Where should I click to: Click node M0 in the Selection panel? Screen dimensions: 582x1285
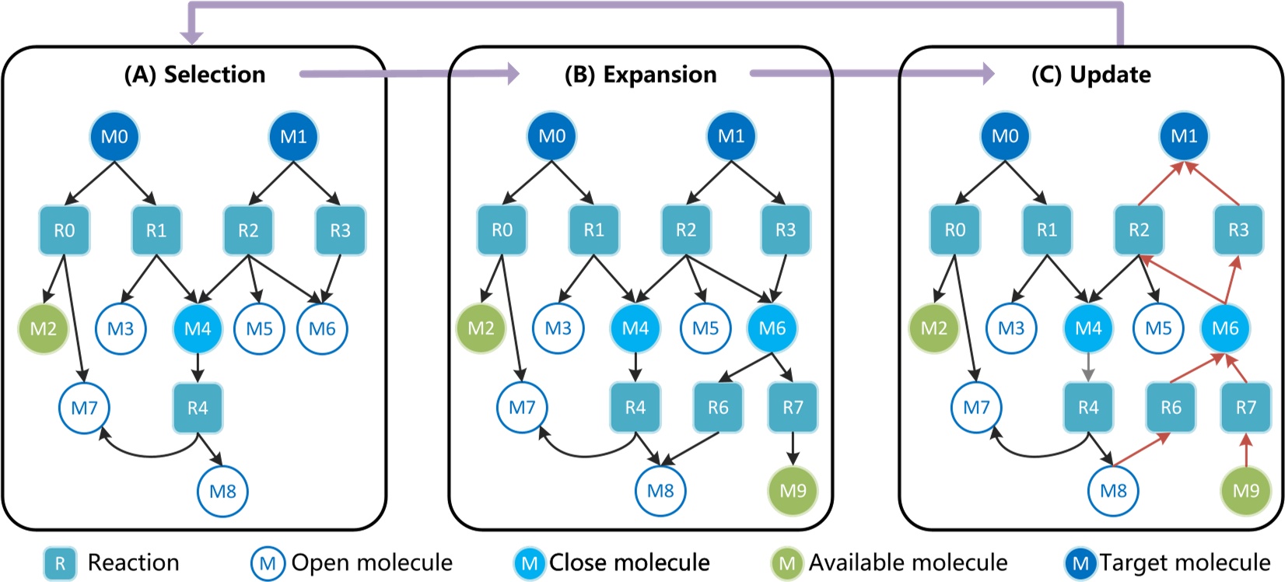pyautogui.click(x=114, y=137)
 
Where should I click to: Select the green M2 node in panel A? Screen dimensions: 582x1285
pyautogui.click(x=44, y=329)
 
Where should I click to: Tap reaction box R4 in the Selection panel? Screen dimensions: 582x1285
pyautogui.click(x=198, y=408)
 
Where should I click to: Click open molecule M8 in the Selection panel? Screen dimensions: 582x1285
pyautogui.click(x=222, y=492)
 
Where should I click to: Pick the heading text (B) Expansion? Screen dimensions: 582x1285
pyautogui.click(x=640, y=75)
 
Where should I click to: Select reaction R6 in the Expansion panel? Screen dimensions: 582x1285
pyautogui.click(x=718, y=408)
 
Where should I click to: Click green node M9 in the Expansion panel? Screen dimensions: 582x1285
pyautogui.click(x=793, y=491)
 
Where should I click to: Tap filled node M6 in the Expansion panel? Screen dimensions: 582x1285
pyautogui.click(x=772, y=328)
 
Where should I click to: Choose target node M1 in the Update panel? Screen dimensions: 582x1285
pyautogui.click(x=1184, y=136)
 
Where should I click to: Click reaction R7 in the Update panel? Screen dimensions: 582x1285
pyautogui.click(x=1246, y=408)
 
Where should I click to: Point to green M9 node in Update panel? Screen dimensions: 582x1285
pyautogui.click(x=1246, y=491)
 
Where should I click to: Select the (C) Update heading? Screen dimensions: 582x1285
pyautogui.click(x=1091, y=75)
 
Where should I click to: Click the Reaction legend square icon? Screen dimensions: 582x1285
pyautogui.click(x=60, y=563)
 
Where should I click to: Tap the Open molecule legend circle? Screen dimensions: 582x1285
pyautogui.click(x=268, y=563)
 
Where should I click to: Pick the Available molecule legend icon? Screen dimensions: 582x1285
pyautogui.click(x=787, y=563)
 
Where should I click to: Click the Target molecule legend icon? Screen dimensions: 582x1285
pyautogui.click(x=1080, y=563)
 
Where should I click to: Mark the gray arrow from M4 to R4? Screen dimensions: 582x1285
pyautogui.click(x=1088, y=368)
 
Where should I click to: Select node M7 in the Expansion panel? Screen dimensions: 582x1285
pyautogui.click(x=522, y=407)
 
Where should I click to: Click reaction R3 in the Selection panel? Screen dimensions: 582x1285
pyautogui.click(x=340, y=230)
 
